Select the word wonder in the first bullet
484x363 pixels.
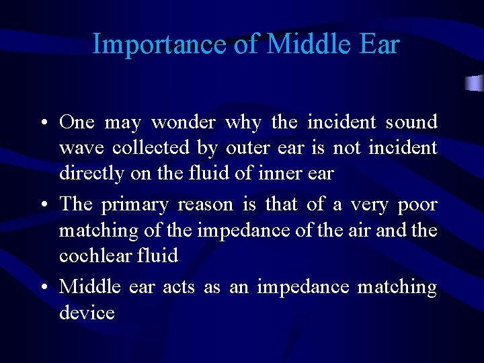coord(183,122)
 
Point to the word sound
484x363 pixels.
coord(411,122)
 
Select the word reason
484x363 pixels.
coord(205,205)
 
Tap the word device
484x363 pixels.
coord(87,313)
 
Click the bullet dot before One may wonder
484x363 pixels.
coord(42,124)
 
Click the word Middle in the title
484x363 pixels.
coord(302,44)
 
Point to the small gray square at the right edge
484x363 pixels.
coord(475,83)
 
